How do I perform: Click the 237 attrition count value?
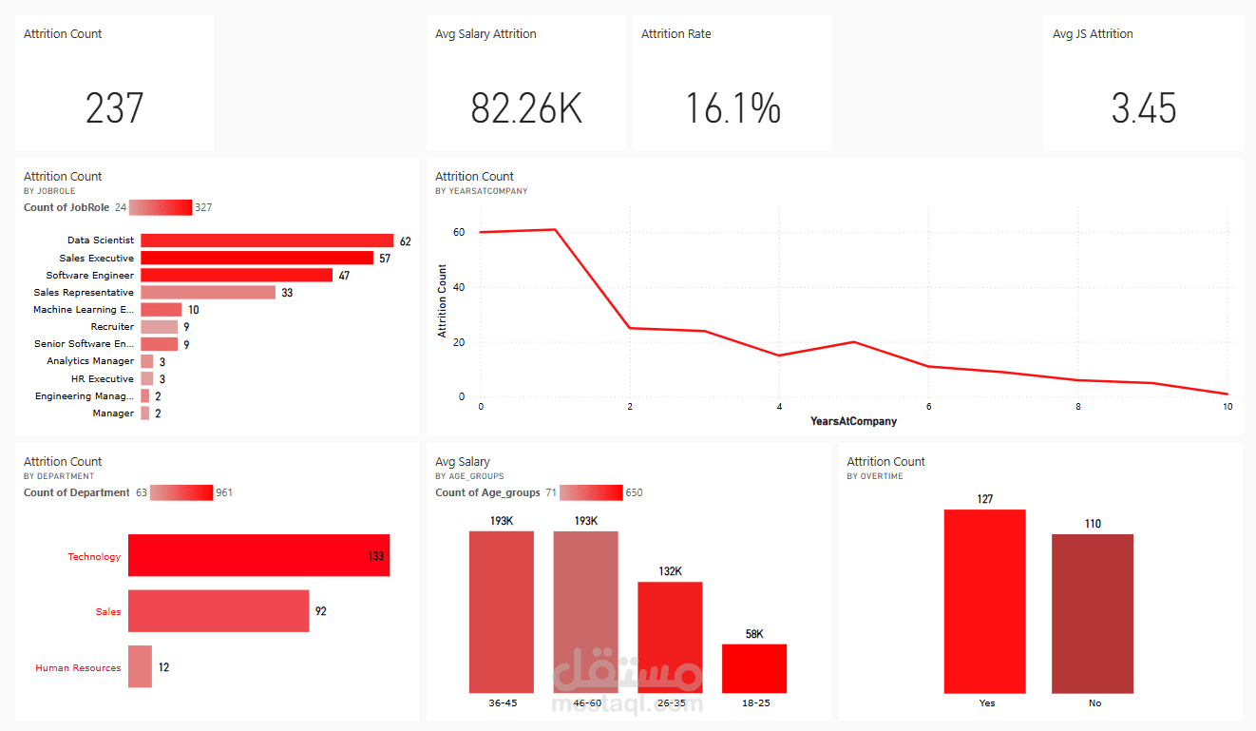[114, 108]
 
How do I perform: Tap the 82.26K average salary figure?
[526, 108]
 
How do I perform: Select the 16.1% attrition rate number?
[733, 108]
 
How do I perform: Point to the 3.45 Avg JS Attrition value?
[1144, 108]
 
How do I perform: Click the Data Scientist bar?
[267, 240]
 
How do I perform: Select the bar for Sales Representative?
[208, 293]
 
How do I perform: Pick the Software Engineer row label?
[90, 276]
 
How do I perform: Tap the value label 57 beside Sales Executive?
[385, 259]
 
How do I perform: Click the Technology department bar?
[258, 555]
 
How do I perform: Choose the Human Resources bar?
[140, 666]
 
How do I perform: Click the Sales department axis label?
[108, 611]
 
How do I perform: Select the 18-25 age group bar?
[754, 668]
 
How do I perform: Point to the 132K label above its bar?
[670, 571]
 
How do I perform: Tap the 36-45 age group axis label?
[501, 703]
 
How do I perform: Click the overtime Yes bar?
[984, 601]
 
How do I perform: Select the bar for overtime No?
[1093, 613]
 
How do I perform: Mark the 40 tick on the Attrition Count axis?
[459, 287]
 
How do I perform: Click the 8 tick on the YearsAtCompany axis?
[1078, 407]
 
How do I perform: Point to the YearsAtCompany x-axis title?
[853, 421]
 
